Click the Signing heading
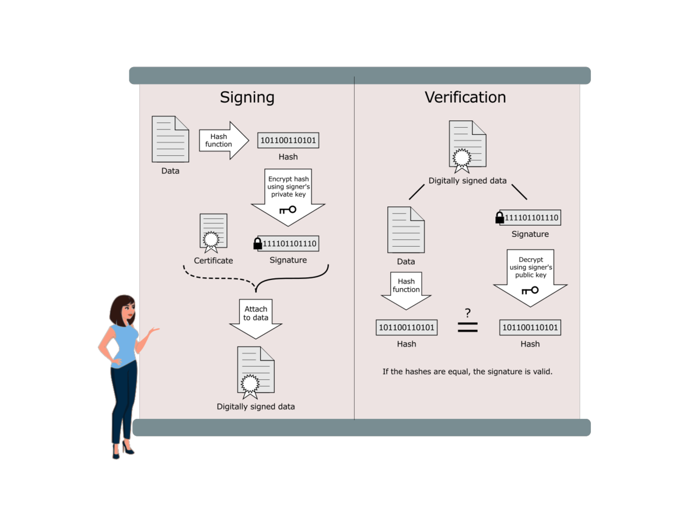pyautogui.click(x=247, y=97)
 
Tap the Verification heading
pyautogui.click(x=465, y=97)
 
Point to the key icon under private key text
pyautogui.click(x=288, y=209)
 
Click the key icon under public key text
pyautogui.click(x=530, y=290)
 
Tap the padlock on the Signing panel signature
pyautogui.click(x=257, y=244)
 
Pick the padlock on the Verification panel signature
pyautogui.click(x=499, y=218)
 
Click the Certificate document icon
pyautogui.click(x=213, y=232)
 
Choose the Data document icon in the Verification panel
pyautogui.click(x=406, y=230)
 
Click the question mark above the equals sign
pyautogui.click(x=467, y=312)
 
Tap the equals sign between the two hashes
pyautogui.click(x=467, y=327)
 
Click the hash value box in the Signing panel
pyautogui.click(x=288, y=141)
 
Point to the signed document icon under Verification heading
pyautogui.click(x=467, y=146)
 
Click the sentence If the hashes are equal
pyautogui.click(x=467, y=371)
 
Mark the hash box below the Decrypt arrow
pyautogui.click(x=530, y=327)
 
